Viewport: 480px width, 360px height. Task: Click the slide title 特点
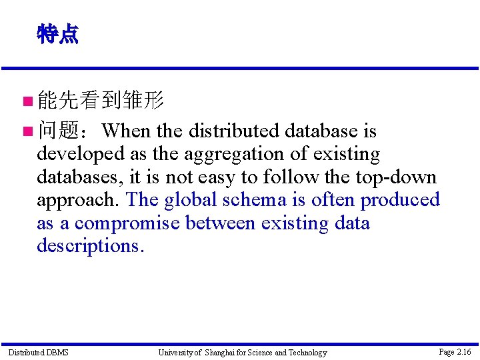58,34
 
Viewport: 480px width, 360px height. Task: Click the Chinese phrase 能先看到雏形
101,101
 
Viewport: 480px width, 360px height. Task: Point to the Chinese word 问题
58,131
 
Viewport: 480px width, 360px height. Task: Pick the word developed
81,155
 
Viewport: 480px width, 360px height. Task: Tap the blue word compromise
127,223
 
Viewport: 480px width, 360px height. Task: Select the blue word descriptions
90,246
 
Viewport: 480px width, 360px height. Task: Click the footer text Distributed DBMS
38,352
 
